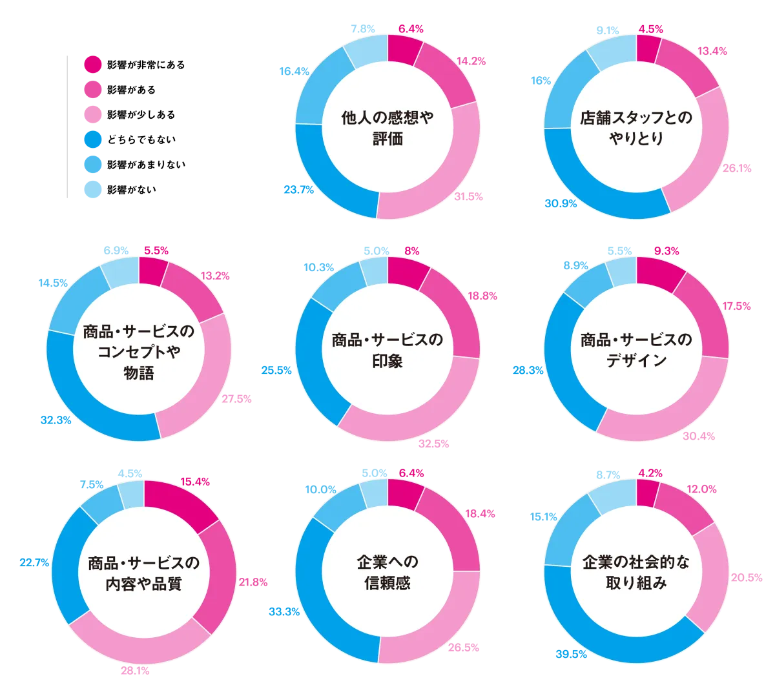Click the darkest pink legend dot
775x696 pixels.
93,63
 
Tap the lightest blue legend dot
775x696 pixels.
93,189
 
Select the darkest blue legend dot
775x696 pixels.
93,139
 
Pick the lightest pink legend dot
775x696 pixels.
93,114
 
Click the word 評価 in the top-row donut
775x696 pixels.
387,139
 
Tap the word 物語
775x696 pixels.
139,373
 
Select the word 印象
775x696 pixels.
387,362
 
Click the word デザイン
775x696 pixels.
636,361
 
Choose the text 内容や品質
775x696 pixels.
143,584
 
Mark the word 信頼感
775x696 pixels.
387,584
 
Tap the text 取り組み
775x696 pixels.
636,584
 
